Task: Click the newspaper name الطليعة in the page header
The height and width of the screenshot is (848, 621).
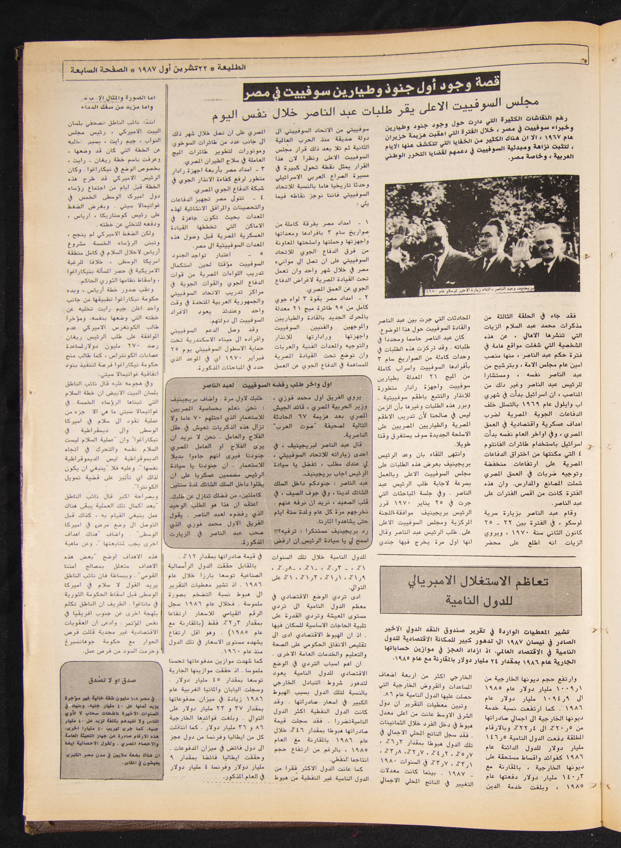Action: click(x=234, y=68)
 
